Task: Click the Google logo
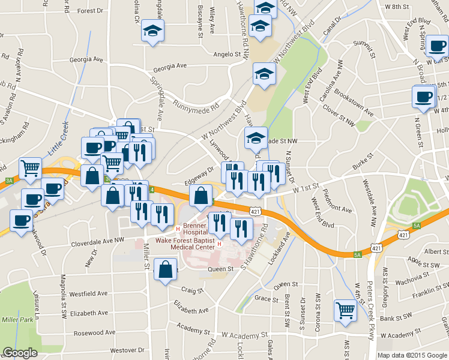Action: coord(20,353)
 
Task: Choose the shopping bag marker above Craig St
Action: coord(165,269)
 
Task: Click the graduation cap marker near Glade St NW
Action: coord(256,137)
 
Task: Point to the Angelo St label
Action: coord(228,55)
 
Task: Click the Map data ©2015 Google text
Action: coord(412,355)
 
